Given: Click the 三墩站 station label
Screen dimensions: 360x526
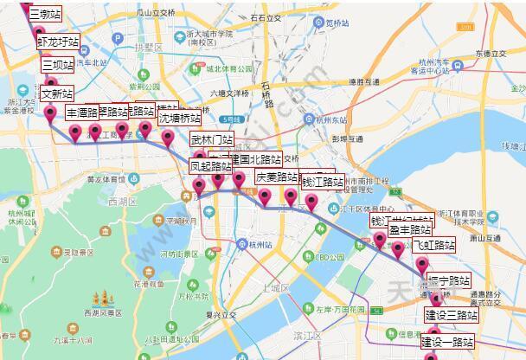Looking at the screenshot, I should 44,15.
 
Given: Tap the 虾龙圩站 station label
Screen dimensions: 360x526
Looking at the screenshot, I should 58,42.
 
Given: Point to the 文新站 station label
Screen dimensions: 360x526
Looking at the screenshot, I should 57,93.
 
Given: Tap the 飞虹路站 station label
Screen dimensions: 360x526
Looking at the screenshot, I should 433,245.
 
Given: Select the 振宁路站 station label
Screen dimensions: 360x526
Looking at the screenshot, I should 449,281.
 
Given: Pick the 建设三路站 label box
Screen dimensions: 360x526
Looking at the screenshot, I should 451,314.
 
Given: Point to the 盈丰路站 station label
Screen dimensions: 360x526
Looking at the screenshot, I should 410,229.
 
